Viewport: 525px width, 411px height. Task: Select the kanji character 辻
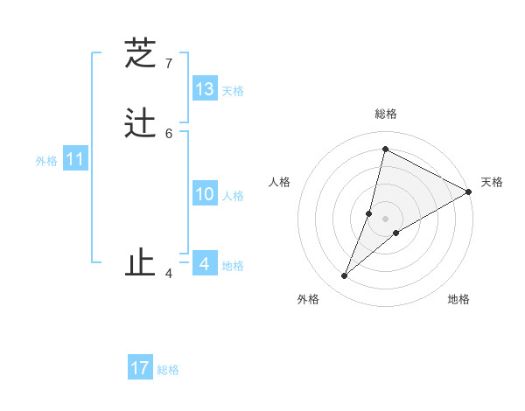(140, 123)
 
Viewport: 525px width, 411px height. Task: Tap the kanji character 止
(140, 263)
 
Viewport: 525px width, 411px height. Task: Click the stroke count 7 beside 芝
(169, 64)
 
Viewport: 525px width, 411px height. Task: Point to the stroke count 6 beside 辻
(169, 133)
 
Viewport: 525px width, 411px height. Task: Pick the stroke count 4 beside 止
(169, 274)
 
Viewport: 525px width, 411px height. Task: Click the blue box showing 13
(205, 89)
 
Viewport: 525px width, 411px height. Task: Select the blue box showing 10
(205, 194)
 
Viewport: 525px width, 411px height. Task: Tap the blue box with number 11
(75, 160)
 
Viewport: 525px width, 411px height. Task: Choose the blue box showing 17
(140, 368)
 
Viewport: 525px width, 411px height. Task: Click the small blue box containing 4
(205, 263)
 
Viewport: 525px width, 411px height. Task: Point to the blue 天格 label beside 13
(233, 91)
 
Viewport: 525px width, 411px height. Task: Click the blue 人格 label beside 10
(233, 196)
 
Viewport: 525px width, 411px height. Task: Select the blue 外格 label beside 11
(46, 161)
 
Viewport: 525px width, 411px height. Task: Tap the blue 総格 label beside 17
(168, 370)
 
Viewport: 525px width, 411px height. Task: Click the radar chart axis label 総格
(386, 114)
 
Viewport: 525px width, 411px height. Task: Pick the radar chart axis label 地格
(458, 300)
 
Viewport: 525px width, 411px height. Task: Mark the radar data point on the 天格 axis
(468, 192)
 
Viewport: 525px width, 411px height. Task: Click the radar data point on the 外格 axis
(345, 276)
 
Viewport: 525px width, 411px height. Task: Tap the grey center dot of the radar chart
(386, 219)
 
